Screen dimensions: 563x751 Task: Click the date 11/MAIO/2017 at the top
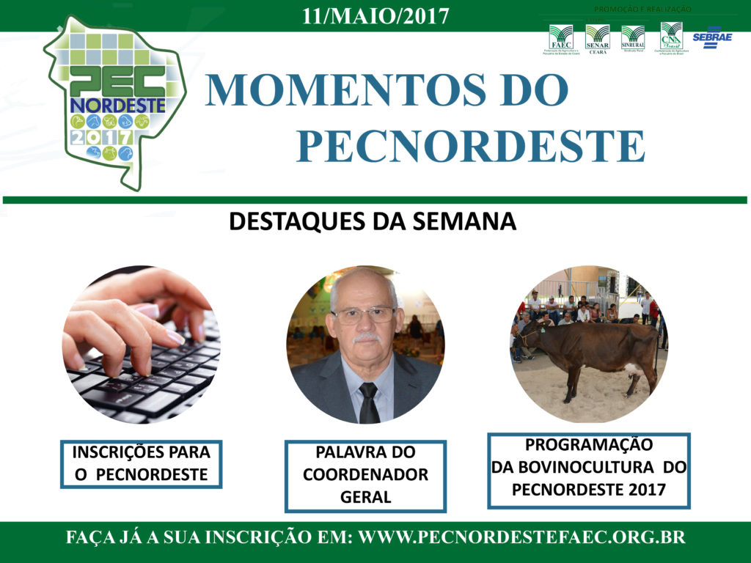(x=375, y=15)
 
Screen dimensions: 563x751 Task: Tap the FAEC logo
(x=561, y=39)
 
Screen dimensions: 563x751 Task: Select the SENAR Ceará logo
(x=597, y=39)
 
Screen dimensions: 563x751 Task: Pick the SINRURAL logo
(x=632, y=38)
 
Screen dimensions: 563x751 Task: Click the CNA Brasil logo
(x=670, y=38)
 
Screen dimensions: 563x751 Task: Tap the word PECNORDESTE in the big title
(x=470, y=147)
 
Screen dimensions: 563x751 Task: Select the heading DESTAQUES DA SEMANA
(x=373, y=221)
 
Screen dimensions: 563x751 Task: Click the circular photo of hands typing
(x=141, y=345)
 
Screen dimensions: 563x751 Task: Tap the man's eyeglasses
(x=363, y=315)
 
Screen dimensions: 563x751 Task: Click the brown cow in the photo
(x=594, y=350)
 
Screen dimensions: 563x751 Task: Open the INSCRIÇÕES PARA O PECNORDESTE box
(x=141, y=463)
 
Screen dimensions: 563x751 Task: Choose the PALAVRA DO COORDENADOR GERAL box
(x=365, y=475)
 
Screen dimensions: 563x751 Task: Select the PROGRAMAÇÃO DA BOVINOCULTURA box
(x=588, y=470)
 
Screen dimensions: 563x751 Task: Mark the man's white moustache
(x=366, y=339)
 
